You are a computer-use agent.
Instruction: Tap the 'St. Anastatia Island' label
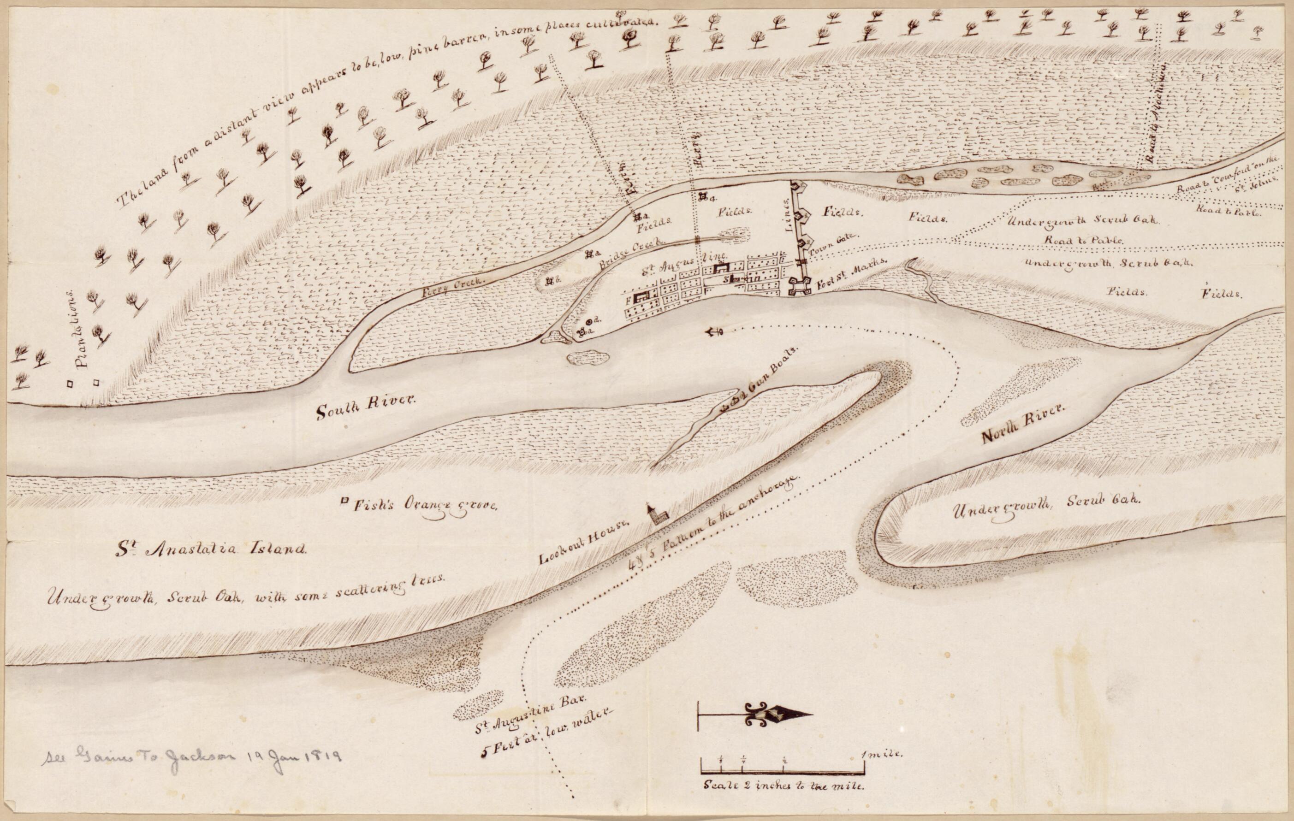tap(213, 549)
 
